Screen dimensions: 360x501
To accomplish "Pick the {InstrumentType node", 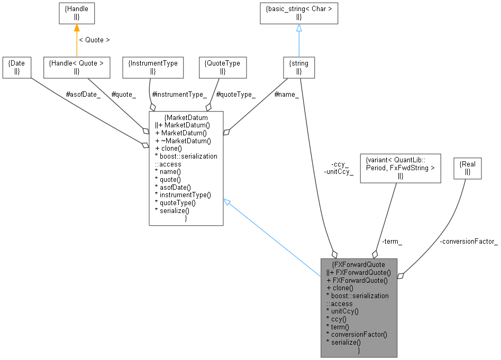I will (153, 67).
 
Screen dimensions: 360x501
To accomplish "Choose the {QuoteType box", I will (222, 67).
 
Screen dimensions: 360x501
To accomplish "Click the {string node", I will (299, 67).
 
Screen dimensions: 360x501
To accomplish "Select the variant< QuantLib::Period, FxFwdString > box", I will (400, 168).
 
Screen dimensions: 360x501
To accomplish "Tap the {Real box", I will (468, 168).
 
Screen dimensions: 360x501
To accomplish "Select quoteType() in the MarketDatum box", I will (178, 202).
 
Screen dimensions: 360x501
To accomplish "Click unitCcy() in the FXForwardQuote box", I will (343, 311).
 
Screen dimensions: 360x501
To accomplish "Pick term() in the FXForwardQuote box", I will (338, 327).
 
